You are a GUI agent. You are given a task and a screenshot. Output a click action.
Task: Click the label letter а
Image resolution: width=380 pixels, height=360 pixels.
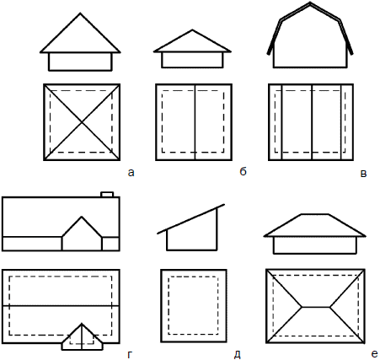pyautogui.click(x=131, y=173)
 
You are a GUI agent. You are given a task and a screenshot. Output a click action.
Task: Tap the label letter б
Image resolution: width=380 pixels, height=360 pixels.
pyautogui.click(x=244, y=171)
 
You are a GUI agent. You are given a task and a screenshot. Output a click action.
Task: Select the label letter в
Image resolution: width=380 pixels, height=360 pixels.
pyautogui.click(x=363, y=174)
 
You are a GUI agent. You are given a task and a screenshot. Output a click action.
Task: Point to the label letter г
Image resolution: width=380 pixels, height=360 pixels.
pyautogui.click(x=130, y=355)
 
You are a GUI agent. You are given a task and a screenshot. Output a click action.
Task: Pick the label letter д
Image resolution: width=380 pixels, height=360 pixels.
pyautogui.click(x=238, y=355)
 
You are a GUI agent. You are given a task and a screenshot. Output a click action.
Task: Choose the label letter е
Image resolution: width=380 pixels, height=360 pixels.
pyautogui.click(x=374, y=354)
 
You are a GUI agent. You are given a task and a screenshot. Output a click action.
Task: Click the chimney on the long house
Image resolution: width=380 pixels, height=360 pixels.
pyautogui.click(x=107, y=195)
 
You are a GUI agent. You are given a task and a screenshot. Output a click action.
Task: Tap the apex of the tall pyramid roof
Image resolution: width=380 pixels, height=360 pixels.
pyautogui.click(x=80, y=13)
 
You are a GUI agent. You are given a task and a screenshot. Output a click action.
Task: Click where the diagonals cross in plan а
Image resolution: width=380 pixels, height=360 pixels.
pyautogui.click(x=82, y=122)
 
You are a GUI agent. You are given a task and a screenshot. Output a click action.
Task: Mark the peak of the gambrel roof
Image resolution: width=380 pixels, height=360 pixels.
pyautogui.click(x=310, y=3)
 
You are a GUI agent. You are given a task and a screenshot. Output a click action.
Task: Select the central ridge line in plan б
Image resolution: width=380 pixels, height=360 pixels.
pyautogui.click(x=195, y=122)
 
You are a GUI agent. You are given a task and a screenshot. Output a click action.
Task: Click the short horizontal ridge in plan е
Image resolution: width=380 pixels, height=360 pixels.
pyautogui.click(x=316, y=307)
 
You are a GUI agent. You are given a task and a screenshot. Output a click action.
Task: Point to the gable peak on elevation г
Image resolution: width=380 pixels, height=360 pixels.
pyautogui.click(x=82, y=217)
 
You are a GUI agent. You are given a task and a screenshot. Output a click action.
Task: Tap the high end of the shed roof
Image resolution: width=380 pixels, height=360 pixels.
pyautogui.click(x=224, y=205)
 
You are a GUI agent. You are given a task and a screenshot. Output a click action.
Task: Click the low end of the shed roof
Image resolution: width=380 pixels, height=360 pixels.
pyautogui.click(x=158, y=234)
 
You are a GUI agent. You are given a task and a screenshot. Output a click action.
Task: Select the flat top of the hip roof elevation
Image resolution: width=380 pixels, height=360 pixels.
pyautogui.click(x=315, y=214)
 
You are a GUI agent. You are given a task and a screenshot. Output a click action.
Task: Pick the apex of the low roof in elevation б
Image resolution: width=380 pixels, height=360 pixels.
pyautogui.click(x=192, y=30)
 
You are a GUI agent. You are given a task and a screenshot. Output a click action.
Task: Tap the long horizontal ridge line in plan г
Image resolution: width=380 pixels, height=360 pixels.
pyautogui.click(x=61, y=306)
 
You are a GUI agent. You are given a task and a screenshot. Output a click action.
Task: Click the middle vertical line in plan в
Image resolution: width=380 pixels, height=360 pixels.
pyautogui.click(x=312, y=122)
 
